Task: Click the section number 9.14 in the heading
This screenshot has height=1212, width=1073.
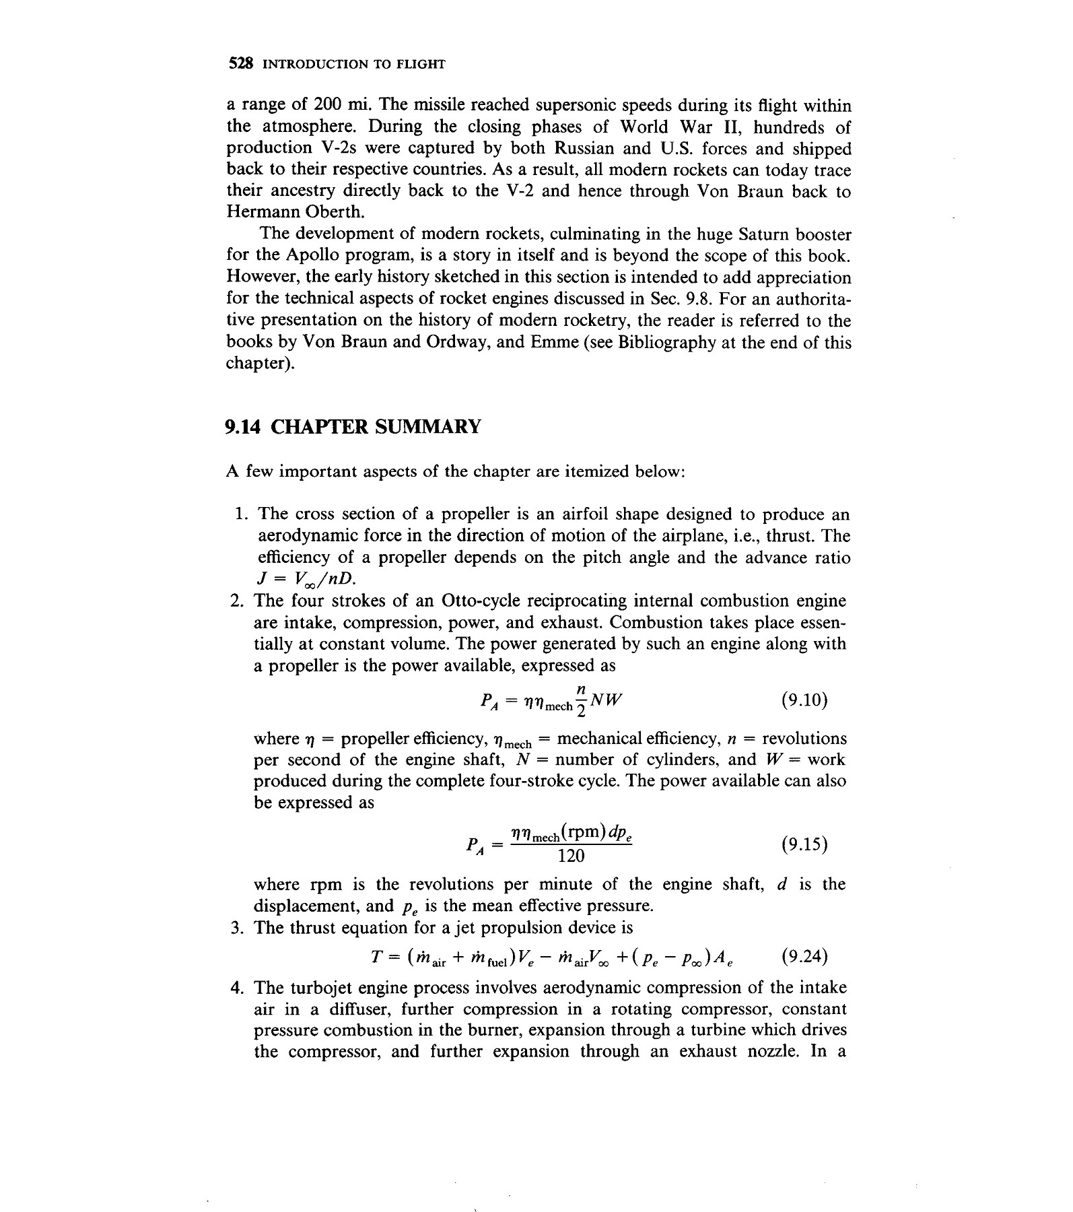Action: (243, 427)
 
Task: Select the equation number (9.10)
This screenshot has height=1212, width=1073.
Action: (804, 700)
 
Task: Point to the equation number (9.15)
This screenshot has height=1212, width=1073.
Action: (804, 844)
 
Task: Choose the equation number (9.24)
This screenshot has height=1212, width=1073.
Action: (805, 957)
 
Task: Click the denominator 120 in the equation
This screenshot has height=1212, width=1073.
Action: (572, 856)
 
